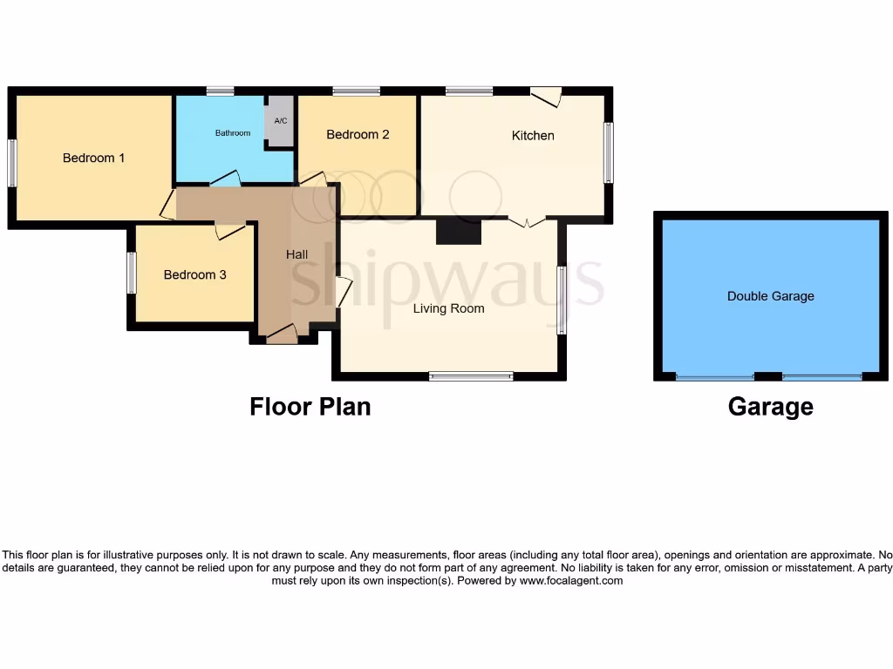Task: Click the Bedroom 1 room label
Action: click(x=93, y=158)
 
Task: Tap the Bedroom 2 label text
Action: click(x=358, y=134)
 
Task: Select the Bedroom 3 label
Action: click(x=194, y=274)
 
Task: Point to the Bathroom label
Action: click(x=233, y=133)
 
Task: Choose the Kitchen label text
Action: click(x=533, y=135)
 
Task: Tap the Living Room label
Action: click(x=448, y=308)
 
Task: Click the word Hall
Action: click(x=297, y=254)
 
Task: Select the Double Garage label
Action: click(x=770, y=296)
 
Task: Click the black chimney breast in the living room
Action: click(x=459, y=232)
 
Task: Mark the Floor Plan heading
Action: click(x=310, y=407)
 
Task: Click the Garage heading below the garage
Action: click(x=770, y=407)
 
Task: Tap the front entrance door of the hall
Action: click(x=283, y=334)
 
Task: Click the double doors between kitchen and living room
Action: click(x=527, y=221)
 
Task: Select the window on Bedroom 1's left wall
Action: click(x=12, y=163)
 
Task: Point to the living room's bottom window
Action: click(x=471, y=376)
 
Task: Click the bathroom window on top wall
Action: click(x=220, y=91)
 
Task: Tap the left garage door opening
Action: click(x=715, y=377)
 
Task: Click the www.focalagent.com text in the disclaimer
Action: click(x=571, y=580)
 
